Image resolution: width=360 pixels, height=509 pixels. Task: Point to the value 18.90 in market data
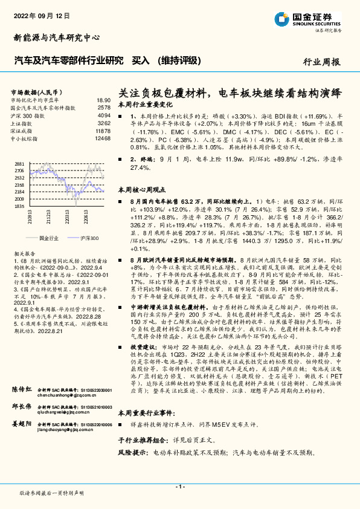103,100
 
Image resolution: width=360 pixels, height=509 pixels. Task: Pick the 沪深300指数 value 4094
104,115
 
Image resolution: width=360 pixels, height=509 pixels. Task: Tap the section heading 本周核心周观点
142,190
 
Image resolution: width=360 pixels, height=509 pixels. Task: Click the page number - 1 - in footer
179,487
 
